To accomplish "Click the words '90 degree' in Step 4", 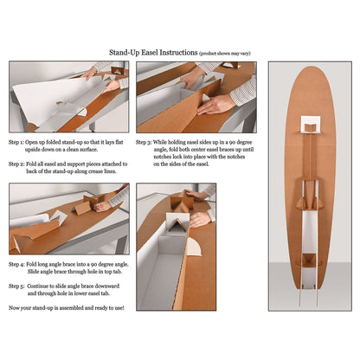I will tap(102, 262).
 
